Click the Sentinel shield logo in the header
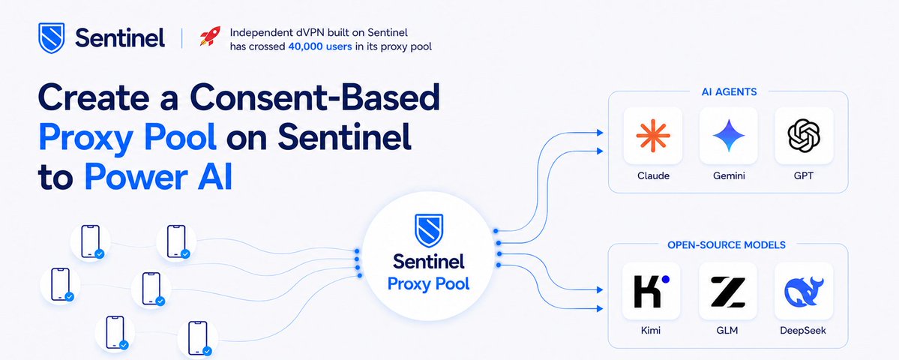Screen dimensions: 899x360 tap(51, 38)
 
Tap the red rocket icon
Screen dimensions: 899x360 tap(210, 36)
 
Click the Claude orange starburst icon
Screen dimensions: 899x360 tap(653, 135)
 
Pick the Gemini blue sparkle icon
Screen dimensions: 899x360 tap(729, 135)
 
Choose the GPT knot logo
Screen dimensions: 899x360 tap(803, 135)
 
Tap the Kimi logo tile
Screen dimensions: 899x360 tap(652, 291)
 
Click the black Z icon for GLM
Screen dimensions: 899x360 tap(727, 291)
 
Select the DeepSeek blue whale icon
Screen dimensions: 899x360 tap(803, 291)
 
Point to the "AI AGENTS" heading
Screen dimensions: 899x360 tap(728, 91)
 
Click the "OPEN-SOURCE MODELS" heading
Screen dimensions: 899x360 tap(727, 245)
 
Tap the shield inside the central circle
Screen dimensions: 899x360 tap(429, 229)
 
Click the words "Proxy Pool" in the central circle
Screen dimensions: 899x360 tap(428, 283)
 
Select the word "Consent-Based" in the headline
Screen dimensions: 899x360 tap(315, 97)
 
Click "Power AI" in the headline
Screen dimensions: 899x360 tap(158, 177)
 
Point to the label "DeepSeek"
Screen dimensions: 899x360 tap(803, 331)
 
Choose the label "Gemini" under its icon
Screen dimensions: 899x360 tap(729, 176)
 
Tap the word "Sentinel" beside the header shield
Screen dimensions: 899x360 tap(120, 38)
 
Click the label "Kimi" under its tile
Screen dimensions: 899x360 tap(651, 331)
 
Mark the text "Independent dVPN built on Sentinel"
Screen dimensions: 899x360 tap(319, 33)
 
